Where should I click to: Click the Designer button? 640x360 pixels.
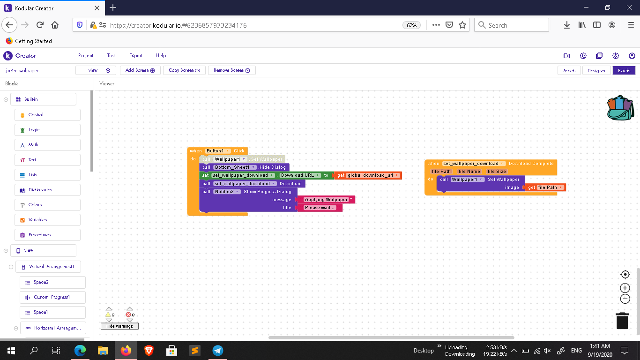(x=596, y=70)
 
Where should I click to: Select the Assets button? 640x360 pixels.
(x=569, y=70)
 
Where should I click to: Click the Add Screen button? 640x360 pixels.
(x=140, y=70)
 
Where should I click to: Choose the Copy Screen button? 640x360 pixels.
(x=184, y=70)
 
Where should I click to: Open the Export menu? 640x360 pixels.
(x=136, y=55)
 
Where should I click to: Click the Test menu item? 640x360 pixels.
(x=111, y=55)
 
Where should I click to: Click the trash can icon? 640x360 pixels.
(x=622, y=321)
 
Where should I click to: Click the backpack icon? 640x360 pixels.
(x=620, y=108)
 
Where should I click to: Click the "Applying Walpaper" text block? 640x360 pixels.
(x=326, y=200)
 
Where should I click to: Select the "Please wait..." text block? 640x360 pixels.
(x=320, y=208)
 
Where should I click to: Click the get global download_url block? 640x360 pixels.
(x=367, y=175)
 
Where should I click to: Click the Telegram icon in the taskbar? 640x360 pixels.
(x=218, y=350)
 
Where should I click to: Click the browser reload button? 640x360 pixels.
(x=40, y=25)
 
